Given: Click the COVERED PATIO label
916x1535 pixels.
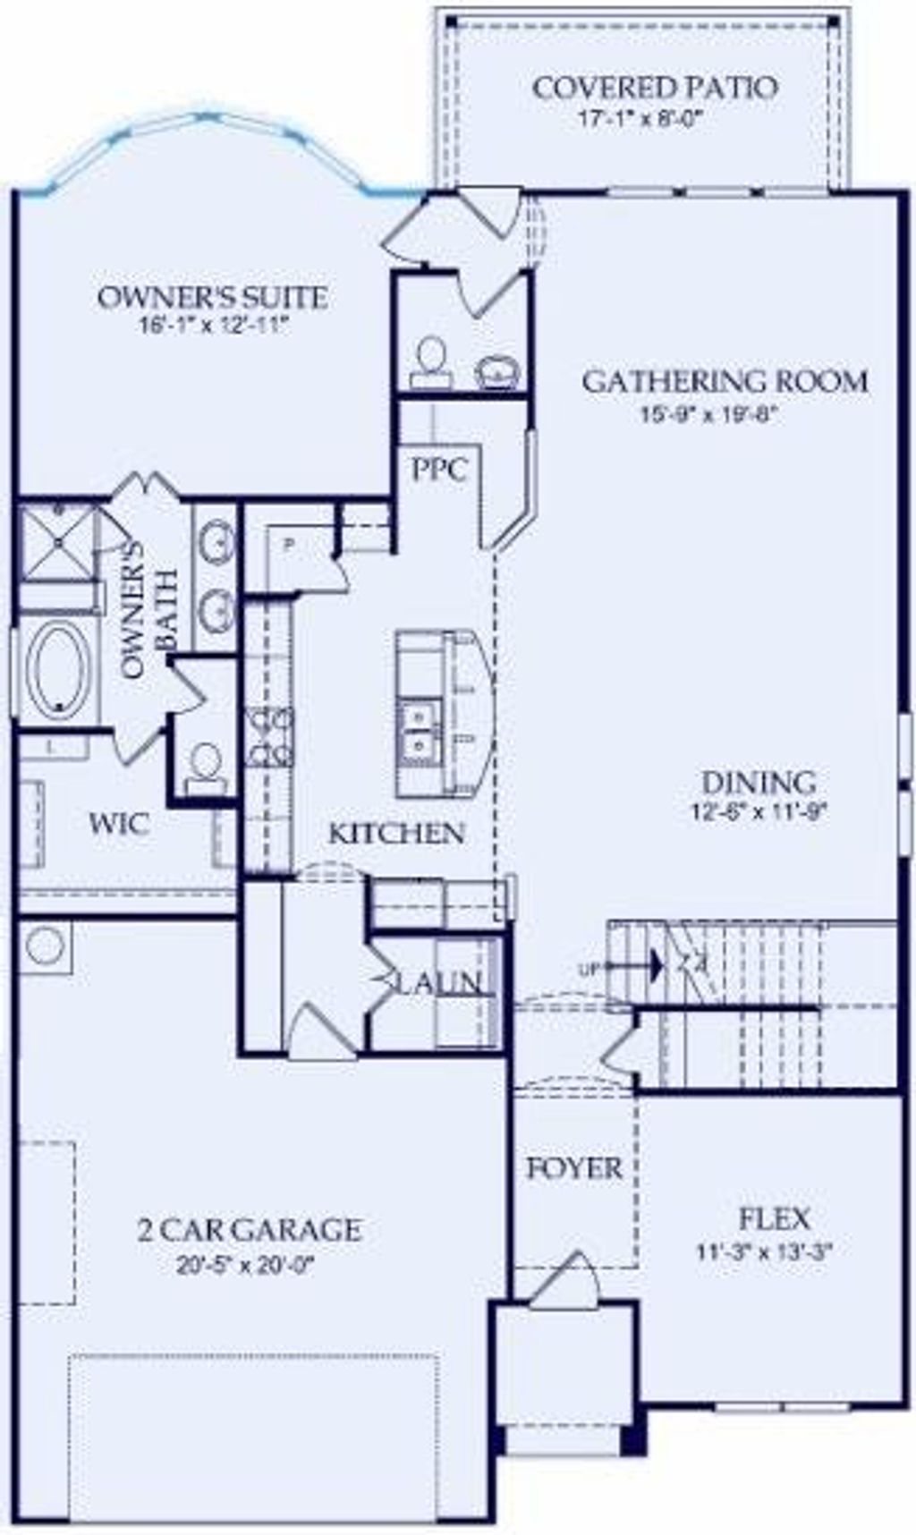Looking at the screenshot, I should (654, 88).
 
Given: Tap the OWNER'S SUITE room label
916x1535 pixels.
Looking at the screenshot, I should (212, 297).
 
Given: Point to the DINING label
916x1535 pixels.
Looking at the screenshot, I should (758, 783).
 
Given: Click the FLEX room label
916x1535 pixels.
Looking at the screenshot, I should (775, 1218).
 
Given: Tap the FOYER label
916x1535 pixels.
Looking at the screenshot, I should (573, 1168).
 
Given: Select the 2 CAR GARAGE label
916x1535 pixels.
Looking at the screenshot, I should (250, 1230).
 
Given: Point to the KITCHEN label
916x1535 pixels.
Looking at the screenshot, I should (396, 834).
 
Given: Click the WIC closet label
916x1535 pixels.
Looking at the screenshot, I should (119, 824).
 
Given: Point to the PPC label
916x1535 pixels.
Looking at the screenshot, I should (438, 469).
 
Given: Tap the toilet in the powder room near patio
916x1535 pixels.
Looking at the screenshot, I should (432, 358).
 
